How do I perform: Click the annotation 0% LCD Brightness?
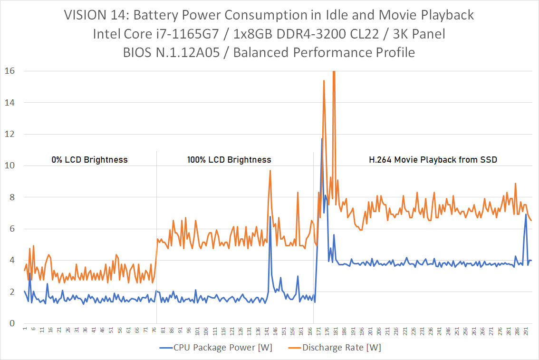click(89, 160)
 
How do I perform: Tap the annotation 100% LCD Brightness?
click(229, 160)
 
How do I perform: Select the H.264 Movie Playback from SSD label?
click(433, 160)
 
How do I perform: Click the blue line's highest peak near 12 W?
click(322, 138)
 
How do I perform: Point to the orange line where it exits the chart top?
click(334, 71)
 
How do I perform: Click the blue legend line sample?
click(165, 348)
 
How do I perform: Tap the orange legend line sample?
click(294, 348)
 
